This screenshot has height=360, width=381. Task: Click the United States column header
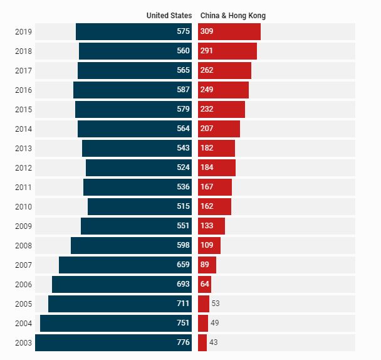pos(169,16)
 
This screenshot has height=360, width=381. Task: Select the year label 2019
pos(23,32)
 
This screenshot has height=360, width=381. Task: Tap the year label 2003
pos(23,343)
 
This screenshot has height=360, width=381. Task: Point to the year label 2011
pos(23,188)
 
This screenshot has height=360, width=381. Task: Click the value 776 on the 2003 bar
pos(183,343)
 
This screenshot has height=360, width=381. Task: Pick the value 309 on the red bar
pos(207,32)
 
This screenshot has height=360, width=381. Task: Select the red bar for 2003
pos(202,343)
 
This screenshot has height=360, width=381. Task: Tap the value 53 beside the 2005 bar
pos(216,304)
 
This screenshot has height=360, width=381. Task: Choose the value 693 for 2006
pos(183,285)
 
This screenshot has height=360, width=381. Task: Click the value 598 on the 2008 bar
pos(183,246)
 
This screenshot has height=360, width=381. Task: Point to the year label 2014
pos(23,129)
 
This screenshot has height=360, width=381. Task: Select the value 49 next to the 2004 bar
pos(214,324)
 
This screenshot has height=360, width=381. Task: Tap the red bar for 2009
pos(211,226)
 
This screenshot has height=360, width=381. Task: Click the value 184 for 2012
pos(207,168)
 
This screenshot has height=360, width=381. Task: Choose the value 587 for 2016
pos(183,90)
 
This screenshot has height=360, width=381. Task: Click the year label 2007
pos(23,265)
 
